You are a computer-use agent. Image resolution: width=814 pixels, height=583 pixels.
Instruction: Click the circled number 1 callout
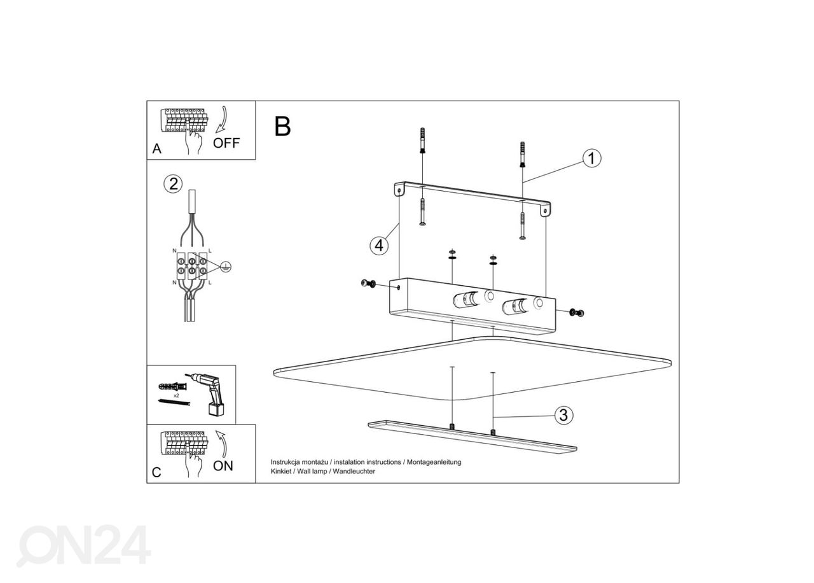[591, 158]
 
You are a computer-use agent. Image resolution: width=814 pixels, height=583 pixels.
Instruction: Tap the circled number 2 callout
[173, 184]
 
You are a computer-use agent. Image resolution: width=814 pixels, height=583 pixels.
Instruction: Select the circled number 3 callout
[563, 415]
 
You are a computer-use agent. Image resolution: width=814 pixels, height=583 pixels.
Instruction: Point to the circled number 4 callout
[379, 246]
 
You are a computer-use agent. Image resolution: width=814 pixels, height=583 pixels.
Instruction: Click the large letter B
[282, 126]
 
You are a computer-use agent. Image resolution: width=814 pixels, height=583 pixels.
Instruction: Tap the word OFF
[226, 143]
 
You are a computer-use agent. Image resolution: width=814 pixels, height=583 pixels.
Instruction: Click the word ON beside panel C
[223, 466]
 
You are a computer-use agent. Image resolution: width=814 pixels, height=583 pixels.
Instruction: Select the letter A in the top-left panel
[156, 148]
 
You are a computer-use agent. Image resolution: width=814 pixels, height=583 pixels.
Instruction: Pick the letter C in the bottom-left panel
[156, 472]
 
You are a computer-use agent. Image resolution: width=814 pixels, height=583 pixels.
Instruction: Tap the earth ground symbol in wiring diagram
[225, 267]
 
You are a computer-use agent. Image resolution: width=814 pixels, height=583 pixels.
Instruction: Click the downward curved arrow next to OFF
[221, 120]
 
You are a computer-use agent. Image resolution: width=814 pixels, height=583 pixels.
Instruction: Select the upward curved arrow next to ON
[221, 444]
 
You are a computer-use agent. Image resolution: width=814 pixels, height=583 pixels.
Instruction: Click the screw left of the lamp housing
[368, 283]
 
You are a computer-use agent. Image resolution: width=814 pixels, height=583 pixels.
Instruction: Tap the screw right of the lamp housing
[576, 312]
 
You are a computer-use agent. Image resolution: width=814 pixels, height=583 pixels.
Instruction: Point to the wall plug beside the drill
[172, 386]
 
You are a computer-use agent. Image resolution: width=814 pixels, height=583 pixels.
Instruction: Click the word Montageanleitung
[434, 462]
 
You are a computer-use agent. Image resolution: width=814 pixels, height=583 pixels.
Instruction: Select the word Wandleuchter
[354, 471]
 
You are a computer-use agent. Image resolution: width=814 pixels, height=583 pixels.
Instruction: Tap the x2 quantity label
[176, 395]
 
